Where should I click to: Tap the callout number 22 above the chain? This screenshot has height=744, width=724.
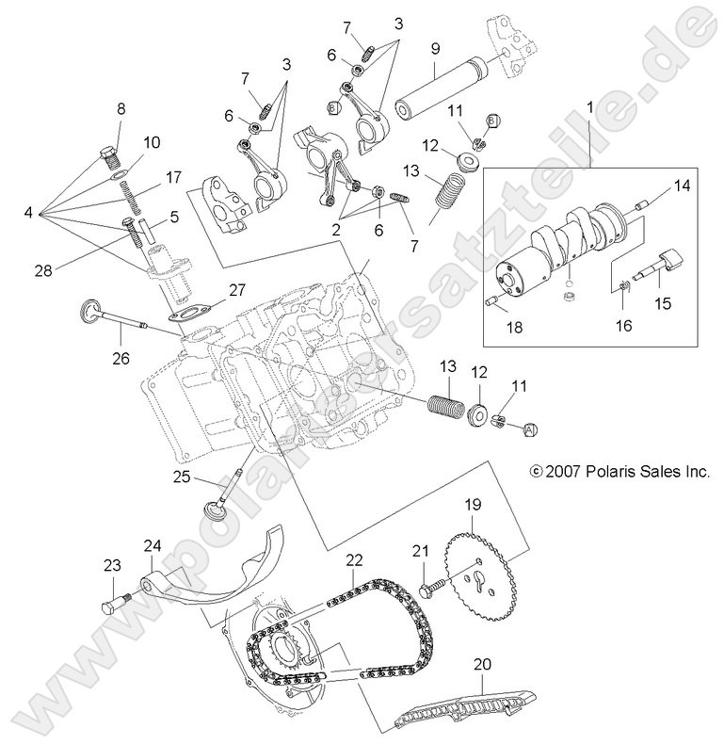353,559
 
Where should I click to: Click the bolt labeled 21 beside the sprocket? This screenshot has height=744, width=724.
429,585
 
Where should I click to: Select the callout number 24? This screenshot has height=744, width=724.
153,545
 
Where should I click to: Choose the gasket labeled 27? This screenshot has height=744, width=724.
190,316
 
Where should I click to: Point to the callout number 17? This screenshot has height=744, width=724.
173,177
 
